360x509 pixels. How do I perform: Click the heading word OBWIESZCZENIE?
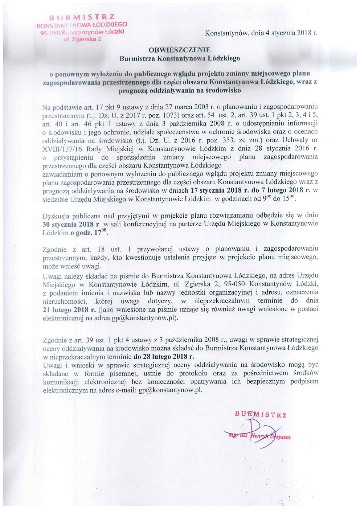click(180, 50)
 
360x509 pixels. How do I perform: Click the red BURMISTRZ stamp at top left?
click(82, 17)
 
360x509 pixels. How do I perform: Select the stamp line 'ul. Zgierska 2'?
click(82, 39)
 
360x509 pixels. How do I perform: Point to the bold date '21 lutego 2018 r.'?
click(69, 309)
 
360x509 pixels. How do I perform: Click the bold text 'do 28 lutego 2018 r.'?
click(164, 356)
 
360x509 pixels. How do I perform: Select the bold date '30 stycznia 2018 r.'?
click(71, 224)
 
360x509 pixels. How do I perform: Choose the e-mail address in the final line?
click(170, 390)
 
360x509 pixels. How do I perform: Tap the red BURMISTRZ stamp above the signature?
click(261, 414)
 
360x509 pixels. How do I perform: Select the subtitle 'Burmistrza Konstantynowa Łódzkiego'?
click(180, 58)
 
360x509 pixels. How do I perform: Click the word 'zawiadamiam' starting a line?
click(62, 174)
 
